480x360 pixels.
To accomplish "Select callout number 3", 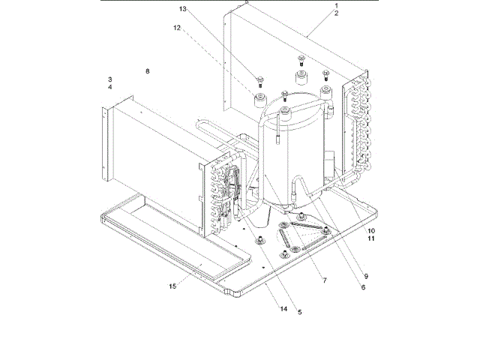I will coord(109,79).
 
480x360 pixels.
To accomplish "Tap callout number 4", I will coord(109,87).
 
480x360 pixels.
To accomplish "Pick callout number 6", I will coord(363,287).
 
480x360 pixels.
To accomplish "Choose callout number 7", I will coord(324,280).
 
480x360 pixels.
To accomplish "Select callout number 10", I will coord(371,230).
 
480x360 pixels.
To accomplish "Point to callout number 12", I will coord(178,28).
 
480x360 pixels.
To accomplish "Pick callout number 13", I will coord(182,8).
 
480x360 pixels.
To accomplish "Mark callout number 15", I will coord(173,286).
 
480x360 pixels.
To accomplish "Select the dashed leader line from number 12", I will coord(217,57).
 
